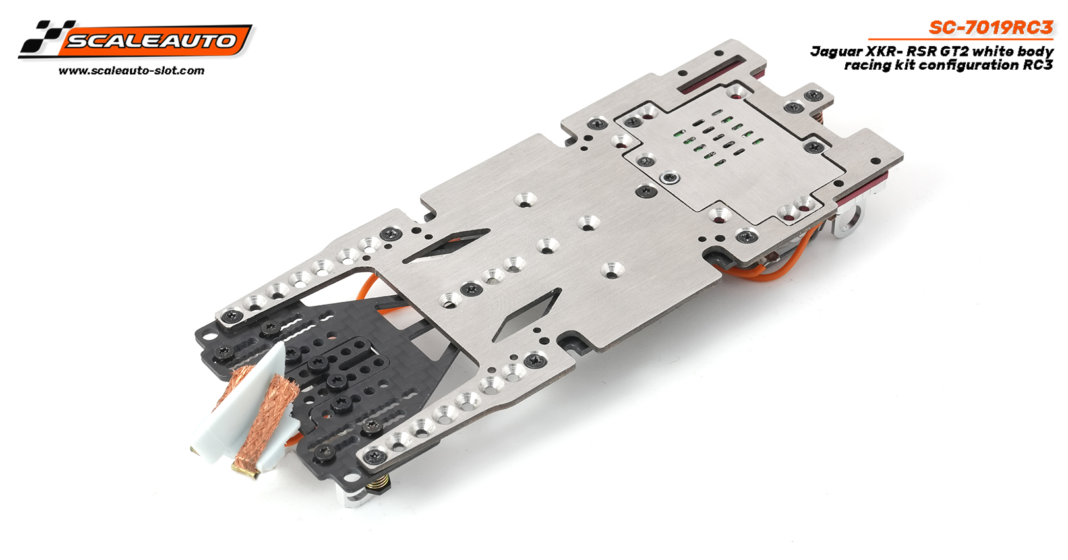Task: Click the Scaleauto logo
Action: [135, 40]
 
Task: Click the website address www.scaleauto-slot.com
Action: [132, 71]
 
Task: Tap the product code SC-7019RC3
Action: [991, 28]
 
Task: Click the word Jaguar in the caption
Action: [830, 51]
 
